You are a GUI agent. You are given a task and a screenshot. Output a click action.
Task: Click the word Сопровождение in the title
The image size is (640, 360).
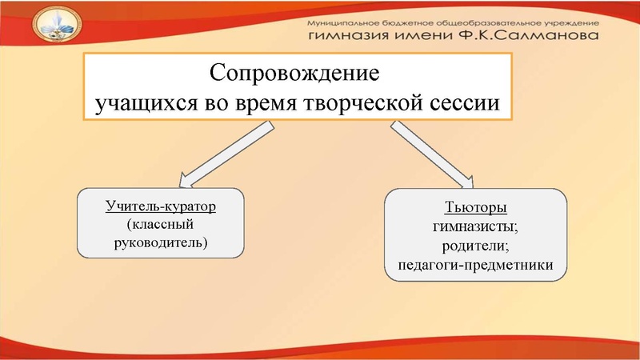click(x=292, y=74)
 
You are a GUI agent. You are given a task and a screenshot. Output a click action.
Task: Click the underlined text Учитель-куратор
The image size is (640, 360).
click(x=161, y=206)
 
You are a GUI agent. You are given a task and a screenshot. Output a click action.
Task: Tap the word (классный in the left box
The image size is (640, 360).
click(x=161, y=223)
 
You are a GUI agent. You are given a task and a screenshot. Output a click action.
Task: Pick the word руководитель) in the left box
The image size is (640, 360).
click(x=161, y=241)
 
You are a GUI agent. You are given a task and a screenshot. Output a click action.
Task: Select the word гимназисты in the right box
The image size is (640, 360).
click(x=476, y=227)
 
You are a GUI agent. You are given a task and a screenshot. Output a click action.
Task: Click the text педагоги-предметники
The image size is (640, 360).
click(x=476, y=264)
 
